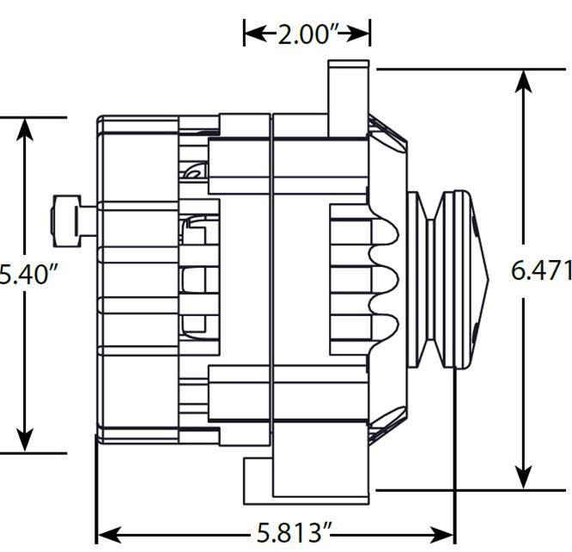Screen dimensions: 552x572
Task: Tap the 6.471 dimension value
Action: (x=541, y=270)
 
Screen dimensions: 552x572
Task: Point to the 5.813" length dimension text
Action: (x=293, y=533)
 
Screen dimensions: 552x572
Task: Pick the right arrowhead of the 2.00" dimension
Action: (x=362, y=33)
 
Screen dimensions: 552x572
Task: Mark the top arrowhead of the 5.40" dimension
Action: (x=25, y=128)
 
